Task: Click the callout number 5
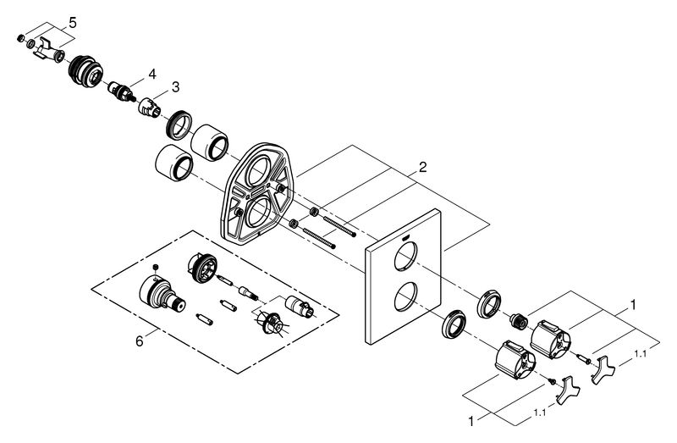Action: (72, 23)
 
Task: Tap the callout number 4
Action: (152, 75)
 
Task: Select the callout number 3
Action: (175, 87)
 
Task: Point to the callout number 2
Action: (422, 167)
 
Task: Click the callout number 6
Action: (139, 341)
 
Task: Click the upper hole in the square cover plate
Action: (406, 257)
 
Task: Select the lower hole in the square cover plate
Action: (406, 296)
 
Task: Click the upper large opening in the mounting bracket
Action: (258, 171)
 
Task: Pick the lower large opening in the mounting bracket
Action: (259, 212)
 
